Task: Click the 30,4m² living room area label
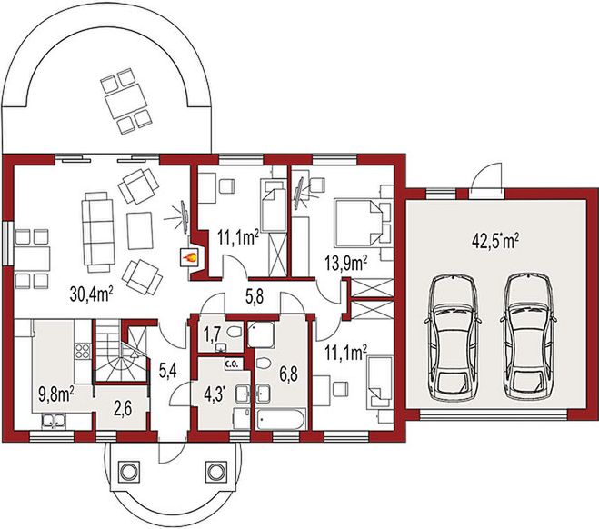(x=92, y=293)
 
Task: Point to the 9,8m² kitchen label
(x=54, y=394)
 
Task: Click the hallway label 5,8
(x=256, y=294)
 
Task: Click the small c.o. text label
(x=231, y=365)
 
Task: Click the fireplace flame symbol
(x=191, y=257)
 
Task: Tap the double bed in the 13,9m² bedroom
(x=357, y=220)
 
